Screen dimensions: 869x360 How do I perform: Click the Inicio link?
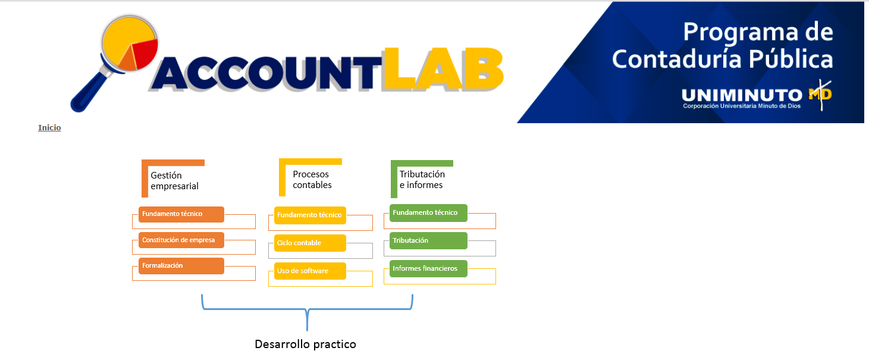pyautogui.click(x=49, y=127)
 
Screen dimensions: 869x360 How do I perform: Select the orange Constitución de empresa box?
pyautogui.click(x=181, y=240)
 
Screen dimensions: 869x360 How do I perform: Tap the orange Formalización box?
pyautogui.click(x=181, y=266)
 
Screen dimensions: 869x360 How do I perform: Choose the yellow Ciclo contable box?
pyautogui.click(x=310, y=243)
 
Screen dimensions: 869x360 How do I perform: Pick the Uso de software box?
pyautogui.click(x=310, y=271)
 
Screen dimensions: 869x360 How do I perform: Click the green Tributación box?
pyautogui.click(x=428, y=240)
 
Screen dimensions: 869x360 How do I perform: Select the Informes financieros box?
pyautogui.click(x=428, y=268)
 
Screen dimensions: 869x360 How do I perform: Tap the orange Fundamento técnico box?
pyautogui.click(x=181, y=214)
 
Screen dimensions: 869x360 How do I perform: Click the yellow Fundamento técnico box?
pyautogui.click(x=310, y=215)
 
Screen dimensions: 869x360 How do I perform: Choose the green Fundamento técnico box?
pyautogui.click(x=428, y=212)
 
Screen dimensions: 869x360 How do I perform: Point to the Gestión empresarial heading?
pyautogui.click(x=175, y=181)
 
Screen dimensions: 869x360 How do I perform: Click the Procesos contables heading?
pyautogui.click(x=312, y=180)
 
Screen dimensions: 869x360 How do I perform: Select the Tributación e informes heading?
pyautogui.click(x=422, y=180)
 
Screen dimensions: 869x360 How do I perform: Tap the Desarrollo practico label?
pyautogui.click(x=305, y=344)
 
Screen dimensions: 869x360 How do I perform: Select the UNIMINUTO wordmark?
pyautogui.click(x=742, y=95)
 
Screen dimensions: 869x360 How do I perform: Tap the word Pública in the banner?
pyautogui.click(x=791, y=59)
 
